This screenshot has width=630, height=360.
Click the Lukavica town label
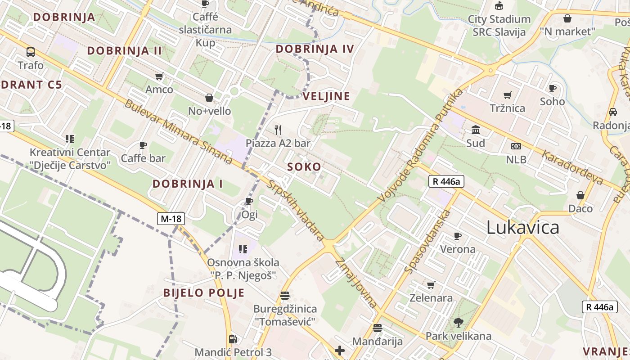tap(522, 228)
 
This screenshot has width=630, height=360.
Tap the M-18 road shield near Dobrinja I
tap(171, 219)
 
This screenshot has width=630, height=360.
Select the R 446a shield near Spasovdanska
tap(446, 181)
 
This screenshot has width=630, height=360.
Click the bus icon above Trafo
tap(31, 52)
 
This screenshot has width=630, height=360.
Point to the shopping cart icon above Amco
tap(159, 76)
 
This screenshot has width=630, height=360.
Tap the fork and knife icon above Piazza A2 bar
tap(278, 130)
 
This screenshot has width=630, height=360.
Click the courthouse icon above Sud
tap(475, 130)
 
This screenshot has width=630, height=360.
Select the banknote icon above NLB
tap(516, 146)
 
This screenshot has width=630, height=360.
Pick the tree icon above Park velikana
tap(459, 322)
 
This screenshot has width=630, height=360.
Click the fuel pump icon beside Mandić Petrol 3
tap(233, 339)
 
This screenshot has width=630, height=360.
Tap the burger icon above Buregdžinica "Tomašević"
tap(284, 296)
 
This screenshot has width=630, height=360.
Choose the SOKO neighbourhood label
tap(305, 167)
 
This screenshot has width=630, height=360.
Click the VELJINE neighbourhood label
tap(326, 96)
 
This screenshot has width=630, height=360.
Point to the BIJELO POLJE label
tap(204, 293)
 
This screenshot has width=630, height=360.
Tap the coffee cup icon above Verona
tap(458, 236)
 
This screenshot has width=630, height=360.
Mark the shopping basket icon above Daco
tap(580, 195)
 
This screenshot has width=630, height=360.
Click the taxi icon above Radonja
tap(612, 112)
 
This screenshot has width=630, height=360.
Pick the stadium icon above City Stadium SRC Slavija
tap(499, 6)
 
